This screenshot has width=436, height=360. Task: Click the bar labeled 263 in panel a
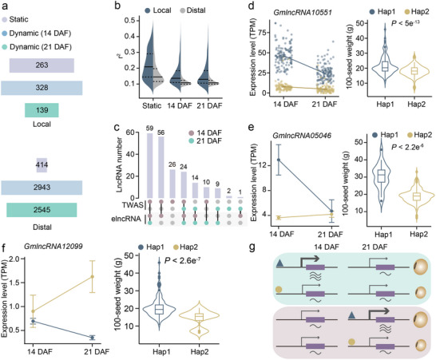[42, 65]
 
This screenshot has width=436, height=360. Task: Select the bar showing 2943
[42, 188]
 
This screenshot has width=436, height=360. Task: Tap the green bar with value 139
[42, 110]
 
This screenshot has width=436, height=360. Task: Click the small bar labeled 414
[42, 165]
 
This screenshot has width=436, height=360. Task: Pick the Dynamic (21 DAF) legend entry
[38, 47]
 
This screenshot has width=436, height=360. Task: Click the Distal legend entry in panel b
[192, 10]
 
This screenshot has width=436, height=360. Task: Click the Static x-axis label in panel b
[152, 105]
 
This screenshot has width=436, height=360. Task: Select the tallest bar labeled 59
[150, 165]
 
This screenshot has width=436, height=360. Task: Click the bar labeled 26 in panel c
[172, 184]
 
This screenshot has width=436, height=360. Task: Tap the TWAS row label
[133, 205]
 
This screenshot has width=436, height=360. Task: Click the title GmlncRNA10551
[303, 12]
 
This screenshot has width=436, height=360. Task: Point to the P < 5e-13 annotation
[406, 23]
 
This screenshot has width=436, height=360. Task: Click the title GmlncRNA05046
[302, 136]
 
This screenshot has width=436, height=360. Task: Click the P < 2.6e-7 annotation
[183, 260]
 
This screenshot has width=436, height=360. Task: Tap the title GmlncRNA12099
[54, 247]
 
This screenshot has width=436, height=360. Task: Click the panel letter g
[252, 247]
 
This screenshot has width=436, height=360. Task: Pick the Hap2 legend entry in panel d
[417, 11]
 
